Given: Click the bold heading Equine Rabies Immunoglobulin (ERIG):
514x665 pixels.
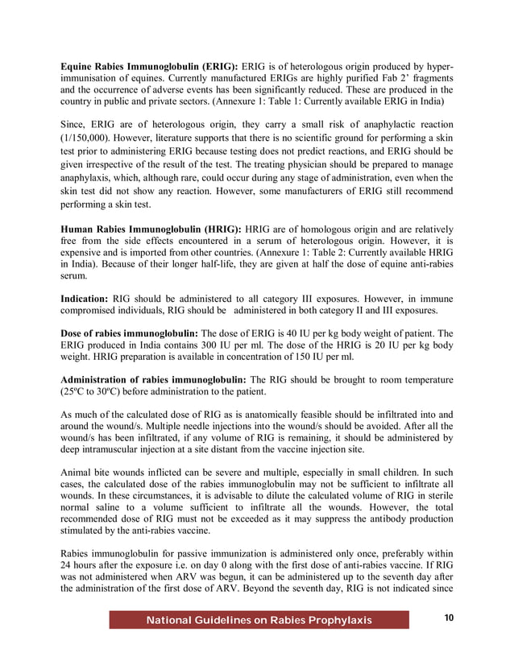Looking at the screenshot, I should click(x=149, y=64).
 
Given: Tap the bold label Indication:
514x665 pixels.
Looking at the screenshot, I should click(x=85, y=298).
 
